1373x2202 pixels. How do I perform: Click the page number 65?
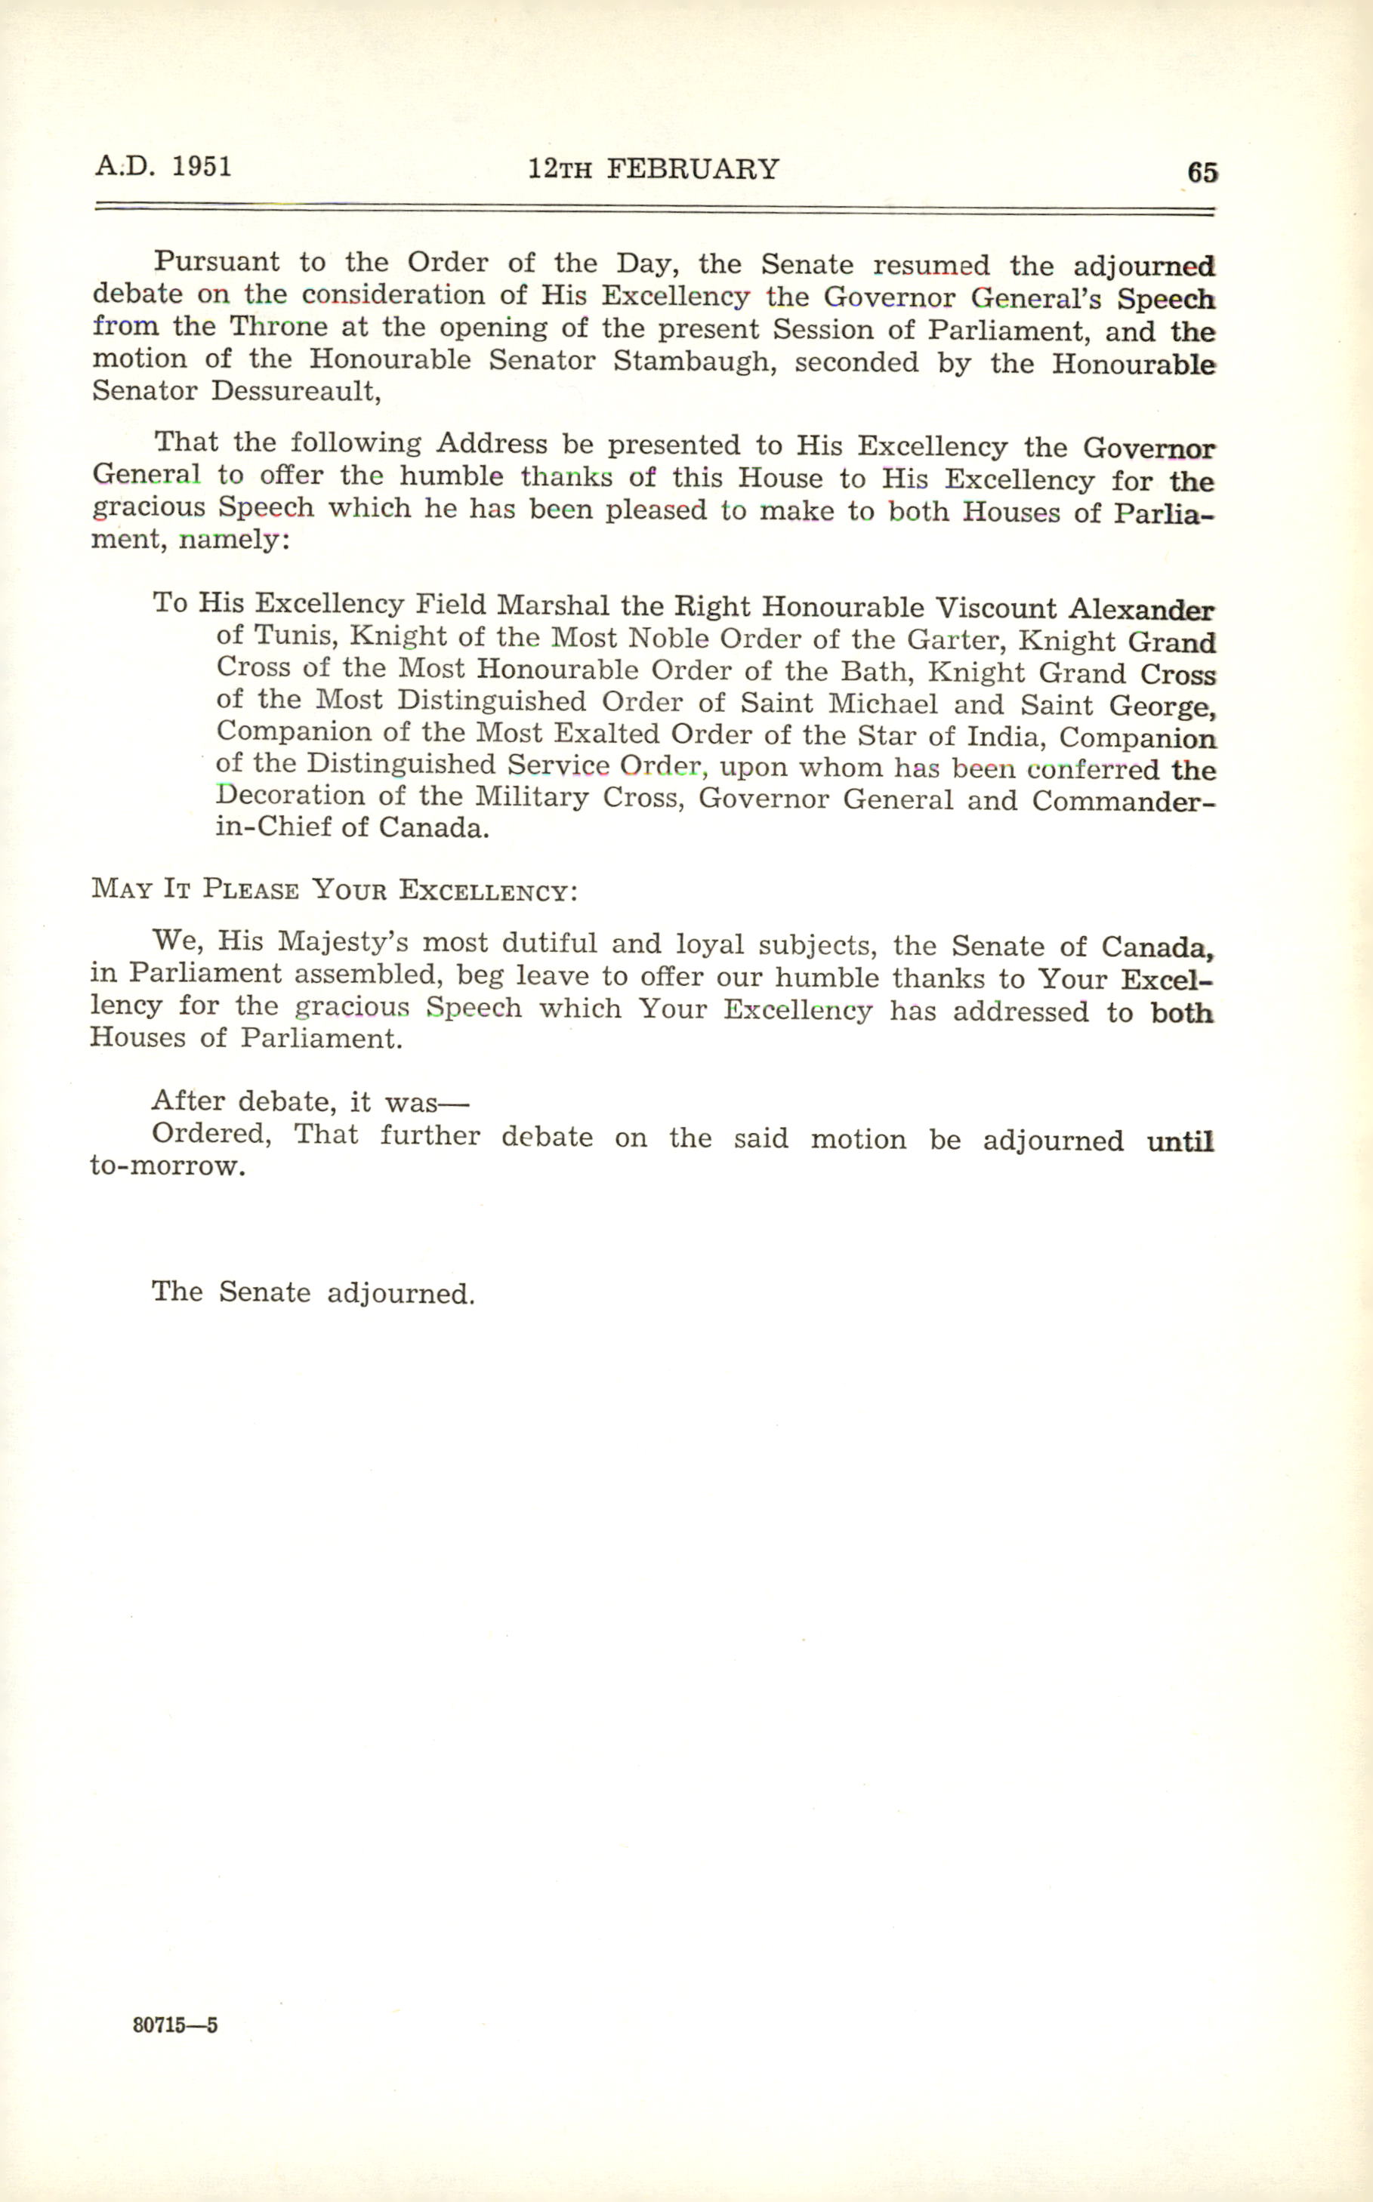[1202, 172]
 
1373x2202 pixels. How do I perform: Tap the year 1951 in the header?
[202, 166]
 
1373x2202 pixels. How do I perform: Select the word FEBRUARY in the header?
[693, 170]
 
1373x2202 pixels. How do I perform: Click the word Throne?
[278, 327]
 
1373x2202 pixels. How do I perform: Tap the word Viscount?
[995, 607]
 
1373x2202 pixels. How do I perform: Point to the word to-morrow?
[167, 1166]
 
